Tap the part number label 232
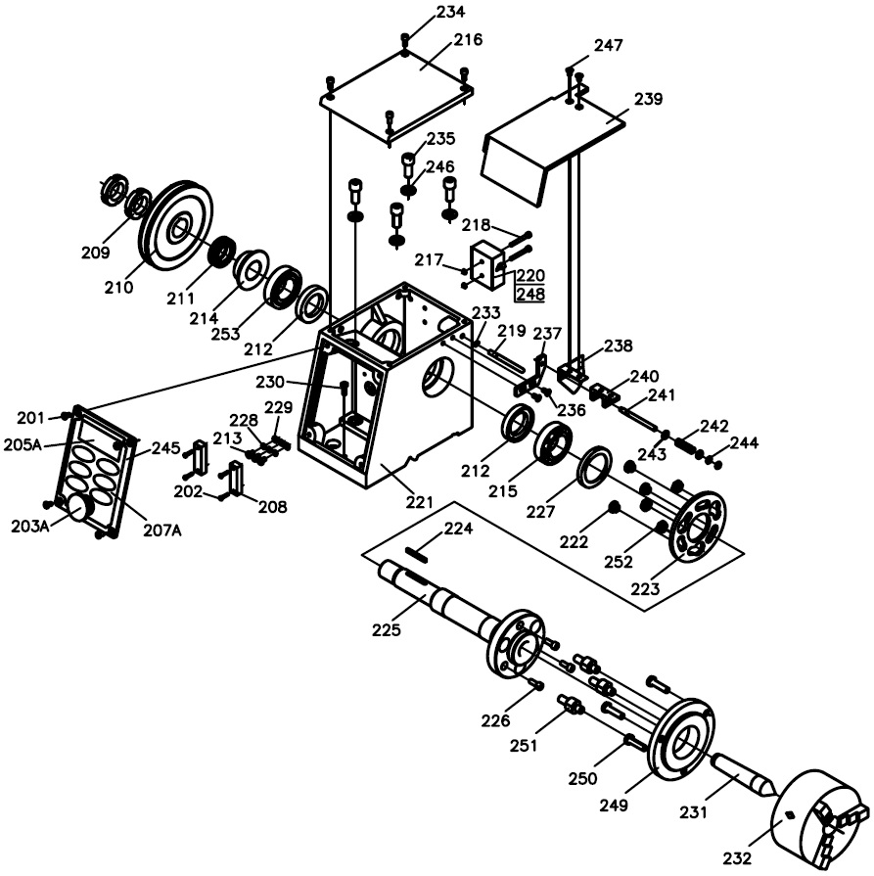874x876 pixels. click(738, 857)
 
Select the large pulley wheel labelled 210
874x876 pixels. click(176, 225)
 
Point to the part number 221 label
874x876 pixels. click(419, 502)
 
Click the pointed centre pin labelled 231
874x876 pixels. click(742, 774)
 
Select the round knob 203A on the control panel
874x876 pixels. click(78, 508)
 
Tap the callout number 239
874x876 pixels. click(648, 99)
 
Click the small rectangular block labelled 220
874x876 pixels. click(487, 265)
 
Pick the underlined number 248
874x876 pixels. click(530, 294)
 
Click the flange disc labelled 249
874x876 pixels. click(680, 740)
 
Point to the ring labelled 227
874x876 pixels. click(594, 467)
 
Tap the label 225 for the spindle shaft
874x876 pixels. click(387, 629)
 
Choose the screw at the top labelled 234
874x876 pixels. click(405, 42)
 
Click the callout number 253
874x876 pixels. click(225, 334)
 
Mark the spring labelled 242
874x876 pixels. click(687, 445)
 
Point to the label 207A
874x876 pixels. click(162, 530)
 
